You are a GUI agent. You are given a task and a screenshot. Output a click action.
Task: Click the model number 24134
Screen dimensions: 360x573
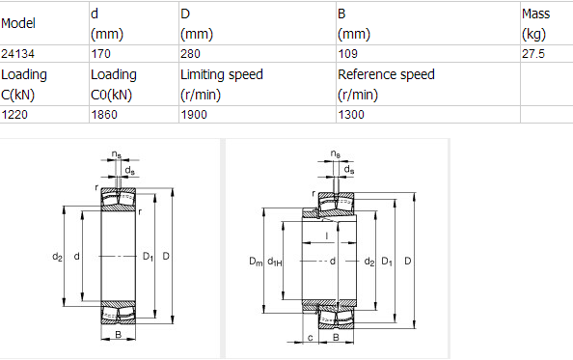pos(18,54)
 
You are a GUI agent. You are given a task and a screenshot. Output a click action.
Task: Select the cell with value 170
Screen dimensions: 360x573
pos(100,54)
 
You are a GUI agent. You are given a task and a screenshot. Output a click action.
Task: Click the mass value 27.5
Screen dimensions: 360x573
pos(532,54)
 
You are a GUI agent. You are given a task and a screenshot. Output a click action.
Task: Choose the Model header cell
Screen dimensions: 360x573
pos(19,23)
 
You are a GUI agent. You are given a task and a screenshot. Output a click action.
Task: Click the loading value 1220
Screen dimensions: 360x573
pos(15,115)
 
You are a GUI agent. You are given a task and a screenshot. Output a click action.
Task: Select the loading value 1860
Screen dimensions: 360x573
pos(104,115)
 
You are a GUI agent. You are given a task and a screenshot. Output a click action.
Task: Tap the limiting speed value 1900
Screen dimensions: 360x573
pos(195,115)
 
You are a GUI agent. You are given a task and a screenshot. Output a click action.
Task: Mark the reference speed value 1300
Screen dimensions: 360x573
pos(352,115)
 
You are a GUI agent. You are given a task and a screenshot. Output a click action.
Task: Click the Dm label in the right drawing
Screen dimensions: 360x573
pos(255,262)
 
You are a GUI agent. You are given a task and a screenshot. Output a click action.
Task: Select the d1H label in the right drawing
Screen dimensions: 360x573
pos(275,262)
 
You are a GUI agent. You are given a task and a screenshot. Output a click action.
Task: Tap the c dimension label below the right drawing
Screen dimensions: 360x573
pos(309,338)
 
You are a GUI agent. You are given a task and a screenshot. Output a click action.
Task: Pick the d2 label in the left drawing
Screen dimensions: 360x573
pos(57,256)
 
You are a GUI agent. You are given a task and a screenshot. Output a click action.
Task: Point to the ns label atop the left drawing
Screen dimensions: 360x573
pos(116,154)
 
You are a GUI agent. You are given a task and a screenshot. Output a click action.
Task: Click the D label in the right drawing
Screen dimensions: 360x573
pos(408,262)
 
